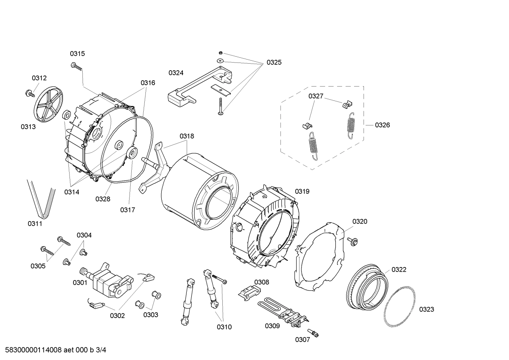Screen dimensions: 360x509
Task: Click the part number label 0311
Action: pos(35,224)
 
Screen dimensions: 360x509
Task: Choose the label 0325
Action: pos(274,63)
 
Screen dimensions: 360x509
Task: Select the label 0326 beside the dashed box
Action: pos(382,125)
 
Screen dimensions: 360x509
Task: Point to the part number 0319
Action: pos(302,191)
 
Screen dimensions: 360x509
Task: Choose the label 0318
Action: pos(187,136)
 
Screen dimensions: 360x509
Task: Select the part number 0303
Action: pos(151,315)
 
